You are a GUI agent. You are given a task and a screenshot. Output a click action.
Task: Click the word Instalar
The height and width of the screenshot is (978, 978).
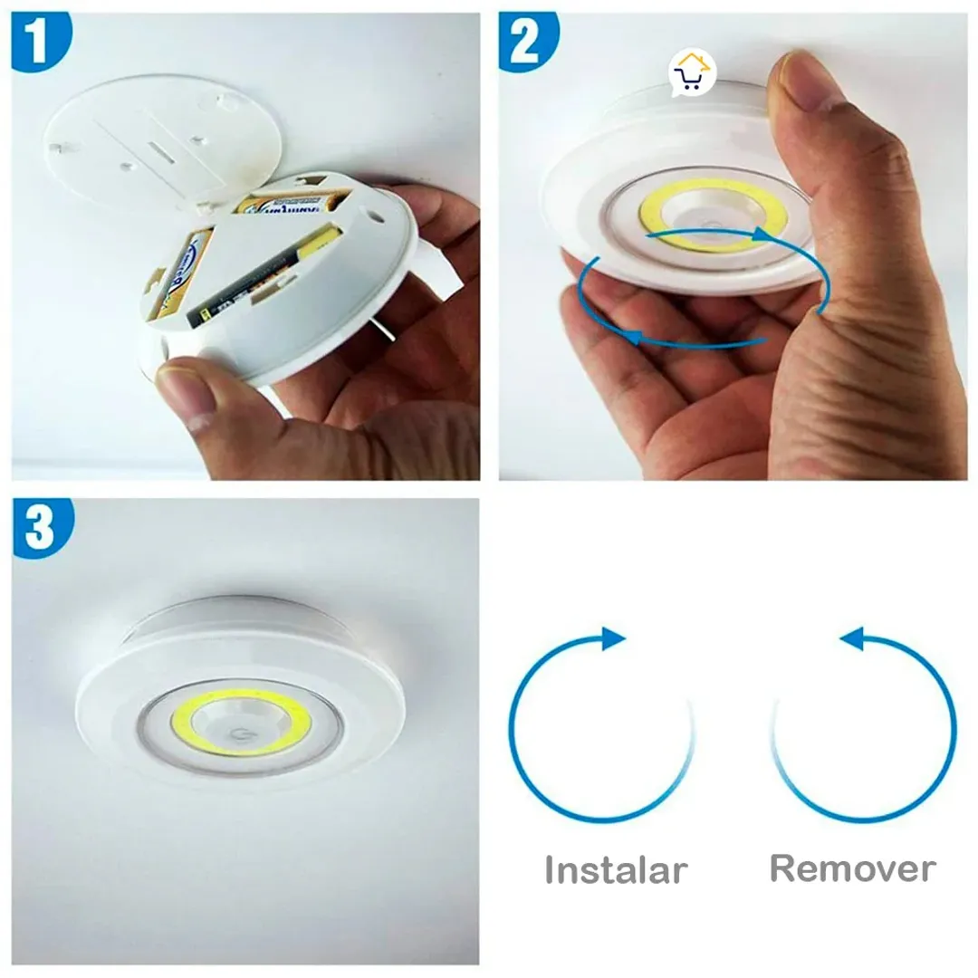point(616,870)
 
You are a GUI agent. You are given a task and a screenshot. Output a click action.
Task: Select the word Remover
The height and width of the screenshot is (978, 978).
point(852,868)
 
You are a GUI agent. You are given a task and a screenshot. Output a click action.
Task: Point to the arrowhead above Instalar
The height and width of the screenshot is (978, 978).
point(613,638)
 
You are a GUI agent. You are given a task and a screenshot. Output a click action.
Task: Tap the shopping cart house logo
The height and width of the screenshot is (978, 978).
point(693,75)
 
